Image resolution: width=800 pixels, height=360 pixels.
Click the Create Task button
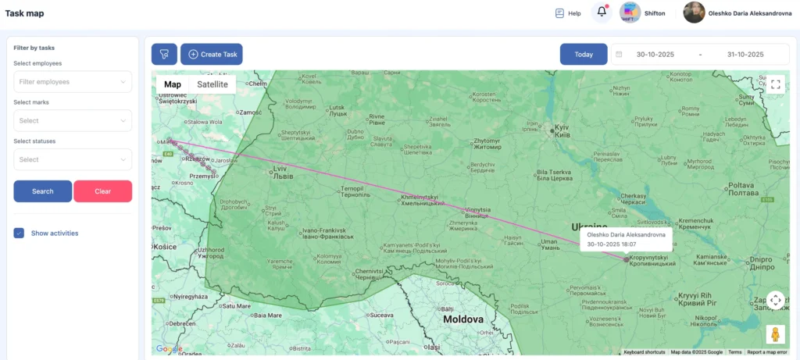click(212, 54)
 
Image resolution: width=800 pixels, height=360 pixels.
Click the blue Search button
click(43, 191)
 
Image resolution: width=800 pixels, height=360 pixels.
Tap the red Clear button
click(102, 191)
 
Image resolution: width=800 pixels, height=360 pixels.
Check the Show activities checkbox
click(20, 233)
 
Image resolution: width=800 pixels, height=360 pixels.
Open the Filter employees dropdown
click(73, 81)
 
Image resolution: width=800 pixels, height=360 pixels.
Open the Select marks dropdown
click(73, 120)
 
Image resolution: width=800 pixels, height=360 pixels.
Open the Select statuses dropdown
click(73, 159)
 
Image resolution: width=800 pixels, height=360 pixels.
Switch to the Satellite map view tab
click(212, 84)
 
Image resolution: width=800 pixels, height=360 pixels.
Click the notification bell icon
click(602, 12)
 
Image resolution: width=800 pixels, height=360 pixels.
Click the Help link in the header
click(568, 13)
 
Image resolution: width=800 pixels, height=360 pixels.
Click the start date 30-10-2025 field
click(655, 55)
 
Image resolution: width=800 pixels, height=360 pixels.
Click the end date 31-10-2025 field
click(745, 55)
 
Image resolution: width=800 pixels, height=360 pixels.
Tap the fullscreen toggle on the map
click(775, 84)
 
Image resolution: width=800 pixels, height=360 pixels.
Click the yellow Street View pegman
click(775, 334)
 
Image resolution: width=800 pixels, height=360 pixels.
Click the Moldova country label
click(463, 319)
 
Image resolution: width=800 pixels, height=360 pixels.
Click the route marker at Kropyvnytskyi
click(626, 258)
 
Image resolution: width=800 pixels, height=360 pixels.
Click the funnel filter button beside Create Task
click(164, 54)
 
